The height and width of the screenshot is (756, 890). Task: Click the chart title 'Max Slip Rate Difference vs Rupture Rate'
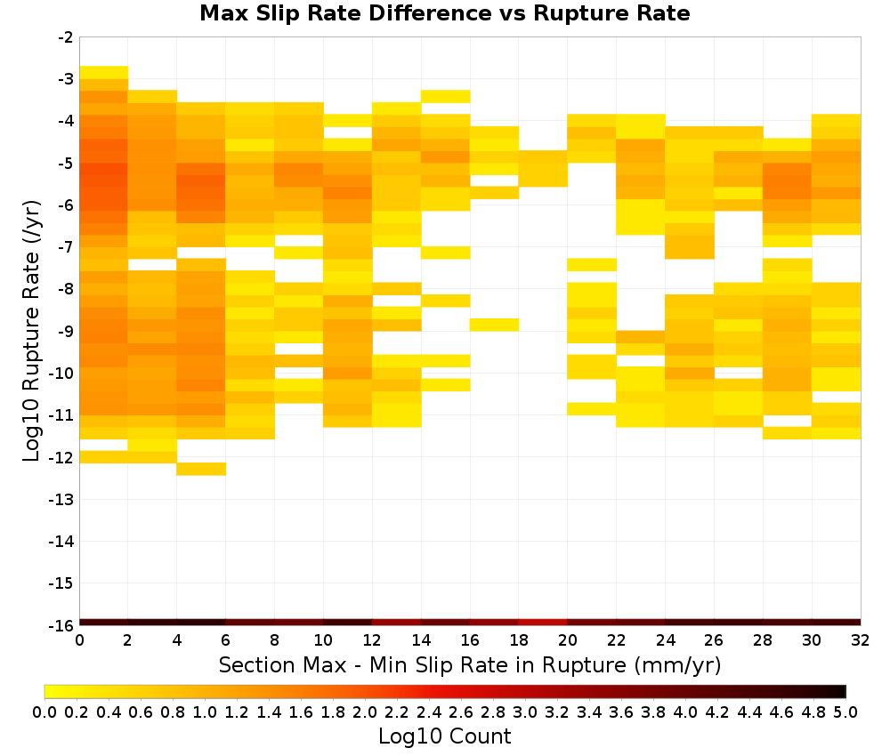[x=444, y=13]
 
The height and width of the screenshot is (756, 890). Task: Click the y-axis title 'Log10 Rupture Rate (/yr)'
[x=32, y=331]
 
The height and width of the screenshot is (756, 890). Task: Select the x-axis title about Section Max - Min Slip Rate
[x=470, y=664]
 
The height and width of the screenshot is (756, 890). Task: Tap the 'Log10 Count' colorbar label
[x=444, y=736]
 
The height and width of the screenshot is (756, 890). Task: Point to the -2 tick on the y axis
[x=66, y=37]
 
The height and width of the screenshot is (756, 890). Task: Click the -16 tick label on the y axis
[x=61, y=625]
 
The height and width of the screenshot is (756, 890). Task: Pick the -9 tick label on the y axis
[x=66, y=331]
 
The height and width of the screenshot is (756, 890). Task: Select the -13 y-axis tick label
[x=61, y=500]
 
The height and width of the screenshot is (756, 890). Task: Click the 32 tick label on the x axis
[x=861, y=641]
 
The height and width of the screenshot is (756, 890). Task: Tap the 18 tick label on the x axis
[x=519, y=641]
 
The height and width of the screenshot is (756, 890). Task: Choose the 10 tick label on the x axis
[x=324, y=641]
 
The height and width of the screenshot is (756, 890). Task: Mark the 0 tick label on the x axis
[x=79, y=641]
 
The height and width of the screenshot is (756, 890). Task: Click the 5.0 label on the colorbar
[x=845, y=712]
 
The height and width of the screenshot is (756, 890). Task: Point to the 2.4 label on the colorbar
[x=429, y=712]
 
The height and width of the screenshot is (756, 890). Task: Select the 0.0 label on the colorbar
[x=44, y=712]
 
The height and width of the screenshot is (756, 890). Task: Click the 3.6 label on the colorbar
[x=621, y=712]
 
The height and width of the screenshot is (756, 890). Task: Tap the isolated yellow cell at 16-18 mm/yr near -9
[x=494, y=325]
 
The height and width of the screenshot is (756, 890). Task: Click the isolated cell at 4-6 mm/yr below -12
[x=201, y=469]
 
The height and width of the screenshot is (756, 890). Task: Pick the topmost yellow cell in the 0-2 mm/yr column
[x=104, y=73]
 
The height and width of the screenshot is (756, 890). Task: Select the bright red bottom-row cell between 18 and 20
[x=543, y=623]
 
